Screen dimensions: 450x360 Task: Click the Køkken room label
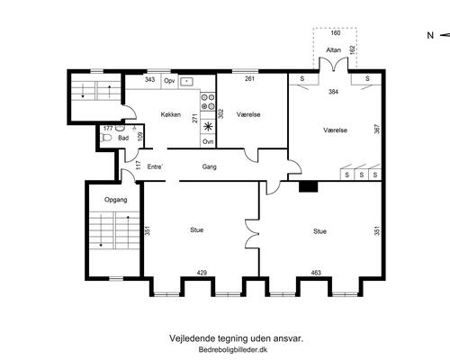171,114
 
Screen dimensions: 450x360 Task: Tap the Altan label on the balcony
333,49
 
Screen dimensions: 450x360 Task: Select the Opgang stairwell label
115,200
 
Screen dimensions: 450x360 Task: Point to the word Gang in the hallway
209,166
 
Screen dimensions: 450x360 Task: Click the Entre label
155,166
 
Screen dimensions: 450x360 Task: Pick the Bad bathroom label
123,138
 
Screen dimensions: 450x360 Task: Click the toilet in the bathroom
106,138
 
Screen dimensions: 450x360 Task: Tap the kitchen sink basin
186,81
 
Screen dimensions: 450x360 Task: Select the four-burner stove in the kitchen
208,102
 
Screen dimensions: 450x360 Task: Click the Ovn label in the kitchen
208,141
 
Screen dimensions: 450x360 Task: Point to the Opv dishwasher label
169,81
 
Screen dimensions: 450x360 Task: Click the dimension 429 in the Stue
202,273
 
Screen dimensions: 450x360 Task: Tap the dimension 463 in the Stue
316,273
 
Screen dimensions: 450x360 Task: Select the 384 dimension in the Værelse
333,92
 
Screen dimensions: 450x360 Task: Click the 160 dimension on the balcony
336,32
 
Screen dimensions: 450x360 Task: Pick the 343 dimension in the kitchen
149,79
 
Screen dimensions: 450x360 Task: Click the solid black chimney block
308,186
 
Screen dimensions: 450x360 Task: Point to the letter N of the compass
430,35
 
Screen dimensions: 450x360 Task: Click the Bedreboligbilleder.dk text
233,349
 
